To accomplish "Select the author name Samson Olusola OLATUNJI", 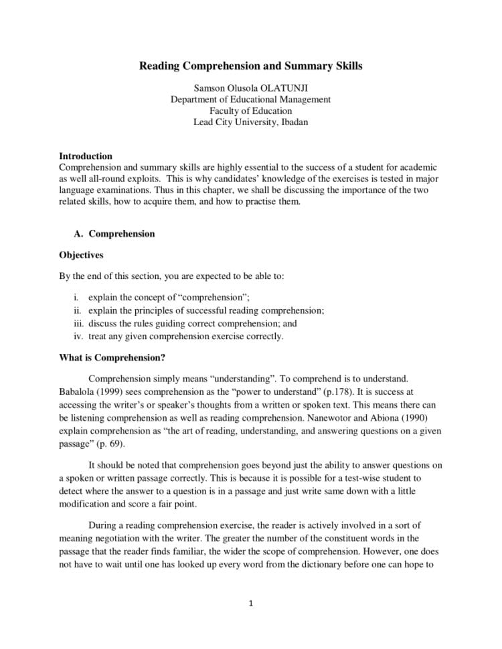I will (250, 88).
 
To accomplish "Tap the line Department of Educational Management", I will (250, 99).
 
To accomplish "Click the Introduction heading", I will (86, 156).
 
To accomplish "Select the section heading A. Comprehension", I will (114, 234).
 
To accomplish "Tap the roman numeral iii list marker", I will (78, 323).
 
